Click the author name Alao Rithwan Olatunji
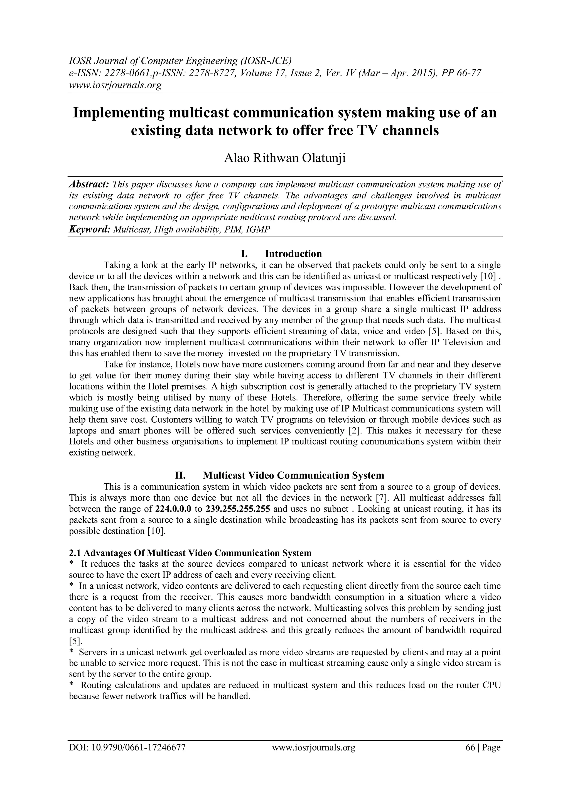coord(285,158)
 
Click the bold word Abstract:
coord(89,184)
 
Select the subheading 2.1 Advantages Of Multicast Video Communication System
coord(190,553)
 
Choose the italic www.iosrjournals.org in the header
coord(115,85)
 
